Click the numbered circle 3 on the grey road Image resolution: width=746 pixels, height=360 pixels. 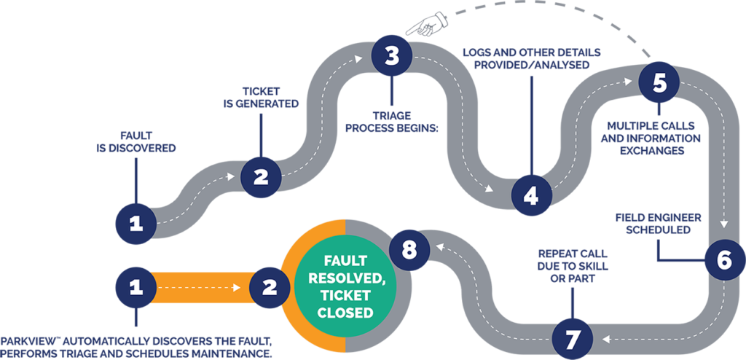coord(392,57)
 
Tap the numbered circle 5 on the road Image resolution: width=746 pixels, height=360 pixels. coord(659,82)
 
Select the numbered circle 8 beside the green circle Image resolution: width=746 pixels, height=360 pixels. coord(409,250)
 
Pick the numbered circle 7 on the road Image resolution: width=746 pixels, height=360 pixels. coord(573,338)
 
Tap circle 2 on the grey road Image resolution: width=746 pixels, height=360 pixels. coord(260,176)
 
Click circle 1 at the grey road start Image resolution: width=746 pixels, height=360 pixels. coord(136,222)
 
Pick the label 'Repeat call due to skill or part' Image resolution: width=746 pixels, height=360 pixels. coord(573,262)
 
